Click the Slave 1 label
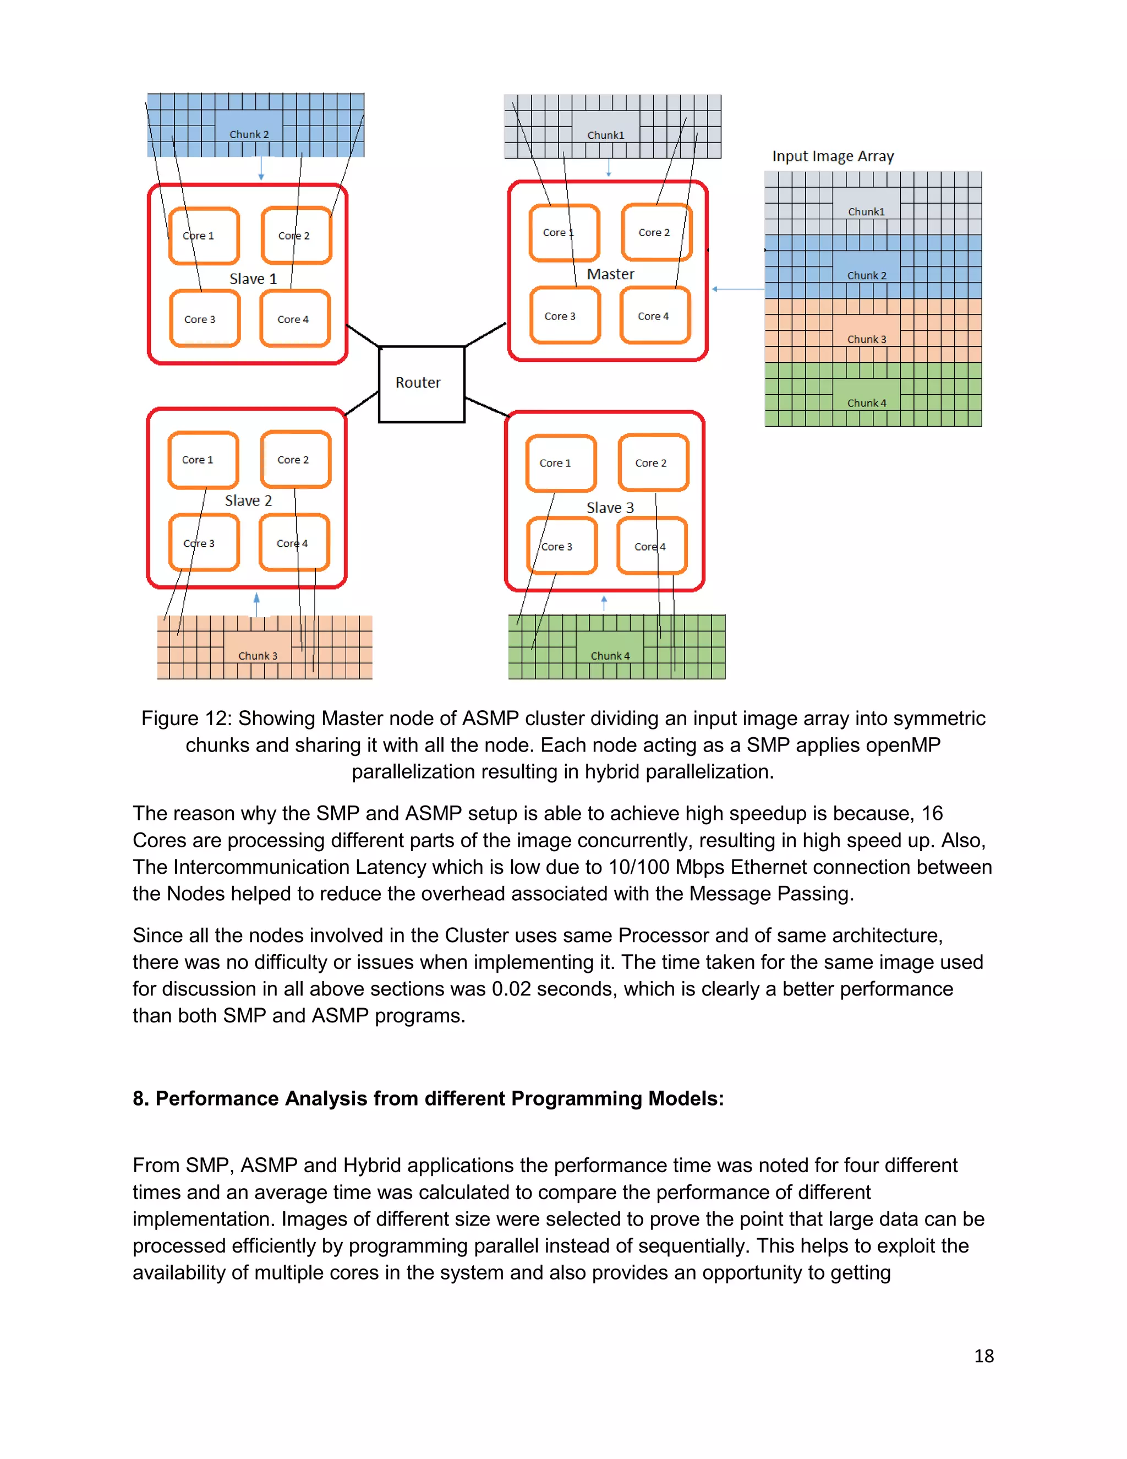click(x=253, y=279)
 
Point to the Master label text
click(x=610, y=274)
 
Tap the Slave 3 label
click(x=610, y=508)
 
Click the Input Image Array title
click(x=833, y=156)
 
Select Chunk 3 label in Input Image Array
click(x=867, y=339)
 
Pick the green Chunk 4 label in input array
click(x=867, y=403)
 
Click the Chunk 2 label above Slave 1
click(x=249, y=134)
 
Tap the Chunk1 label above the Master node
click(x=605, y=135)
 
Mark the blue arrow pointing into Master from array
click(x=738, y=289)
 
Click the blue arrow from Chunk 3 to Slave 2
click(x=256, y=604)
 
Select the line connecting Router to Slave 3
click(x=486, y=407)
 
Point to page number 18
click(x=983, y=1356)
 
